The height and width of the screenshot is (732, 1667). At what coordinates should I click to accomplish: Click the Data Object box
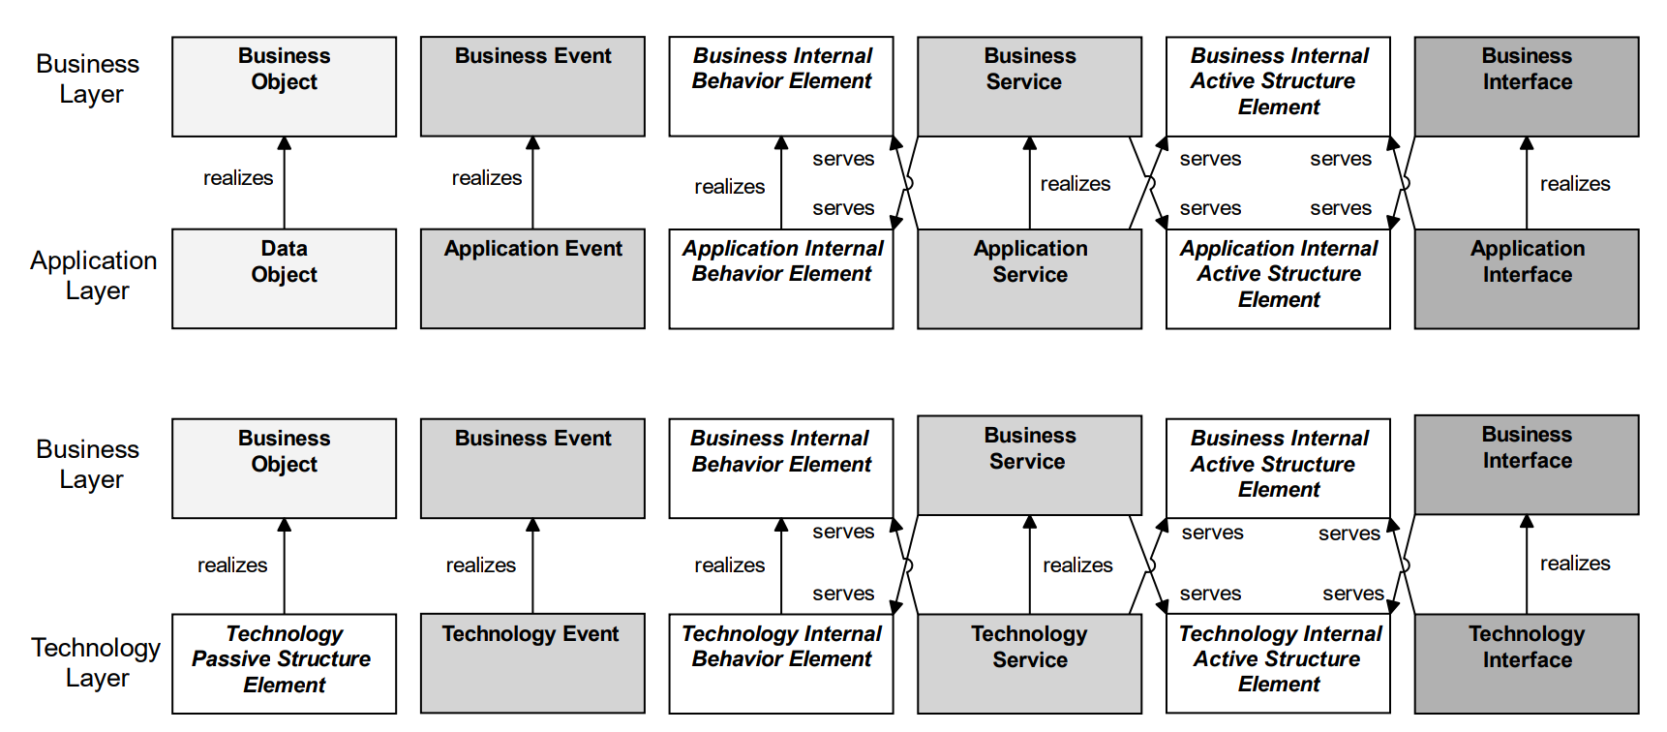(x=284, y=279)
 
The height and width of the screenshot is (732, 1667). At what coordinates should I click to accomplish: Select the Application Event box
(x=532, y=279)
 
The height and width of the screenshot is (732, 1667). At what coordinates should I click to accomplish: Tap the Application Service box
(x=1029, y=279)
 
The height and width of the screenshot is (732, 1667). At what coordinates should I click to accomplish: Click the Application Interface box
(x=1527, y=279)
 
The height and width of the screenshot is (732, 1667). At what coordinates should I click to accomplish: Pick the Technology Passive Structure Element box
(x=284, y=663)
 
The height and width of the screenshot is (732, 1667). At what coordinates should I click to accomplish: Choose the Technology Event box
(x=532, y=663)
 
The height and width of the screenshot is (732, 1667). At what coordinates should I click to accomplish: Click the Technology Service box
(x=1029, y=663)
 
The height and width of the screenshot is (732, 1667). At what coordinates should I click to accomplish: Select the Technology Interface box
(x=1527, y=663)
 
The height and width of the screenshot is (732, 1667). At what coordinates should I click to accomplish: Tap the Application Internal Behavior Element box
(x=781, y=279)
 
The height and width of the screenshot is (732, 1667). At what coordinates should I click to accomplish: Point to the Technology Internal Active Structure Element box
(x=1278, y=663)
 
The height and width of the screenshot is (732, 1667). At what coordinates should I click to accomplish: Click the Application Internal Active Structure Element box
(x=1278, y=279)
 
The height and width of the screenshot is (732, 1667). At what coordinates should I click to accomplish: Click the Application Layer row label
(x=94, y=275)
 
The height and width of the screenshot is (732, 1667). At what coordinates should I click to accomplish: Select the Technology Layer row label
(x=96, y=662)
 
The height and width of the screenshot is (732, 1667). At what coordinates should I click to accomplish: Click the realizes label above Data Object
(x=238, y=178)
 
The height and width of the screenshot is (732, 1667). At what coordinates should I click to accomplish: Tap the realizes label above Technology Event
(x=480, y=565)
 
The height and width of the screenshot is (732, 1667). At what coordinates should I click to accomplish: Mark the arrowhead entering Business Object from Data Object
(x=285, y=143)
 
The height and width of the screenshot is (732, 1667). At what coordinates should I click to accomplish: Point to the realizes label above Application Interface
(x=1575, y=184)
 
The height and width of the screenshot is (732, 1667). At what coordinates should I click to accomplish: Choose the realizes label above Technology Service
(x=1077, y=565)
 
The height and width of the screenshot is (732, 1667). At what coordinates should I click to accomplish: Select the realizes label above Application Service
(x=1075, y=184)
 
